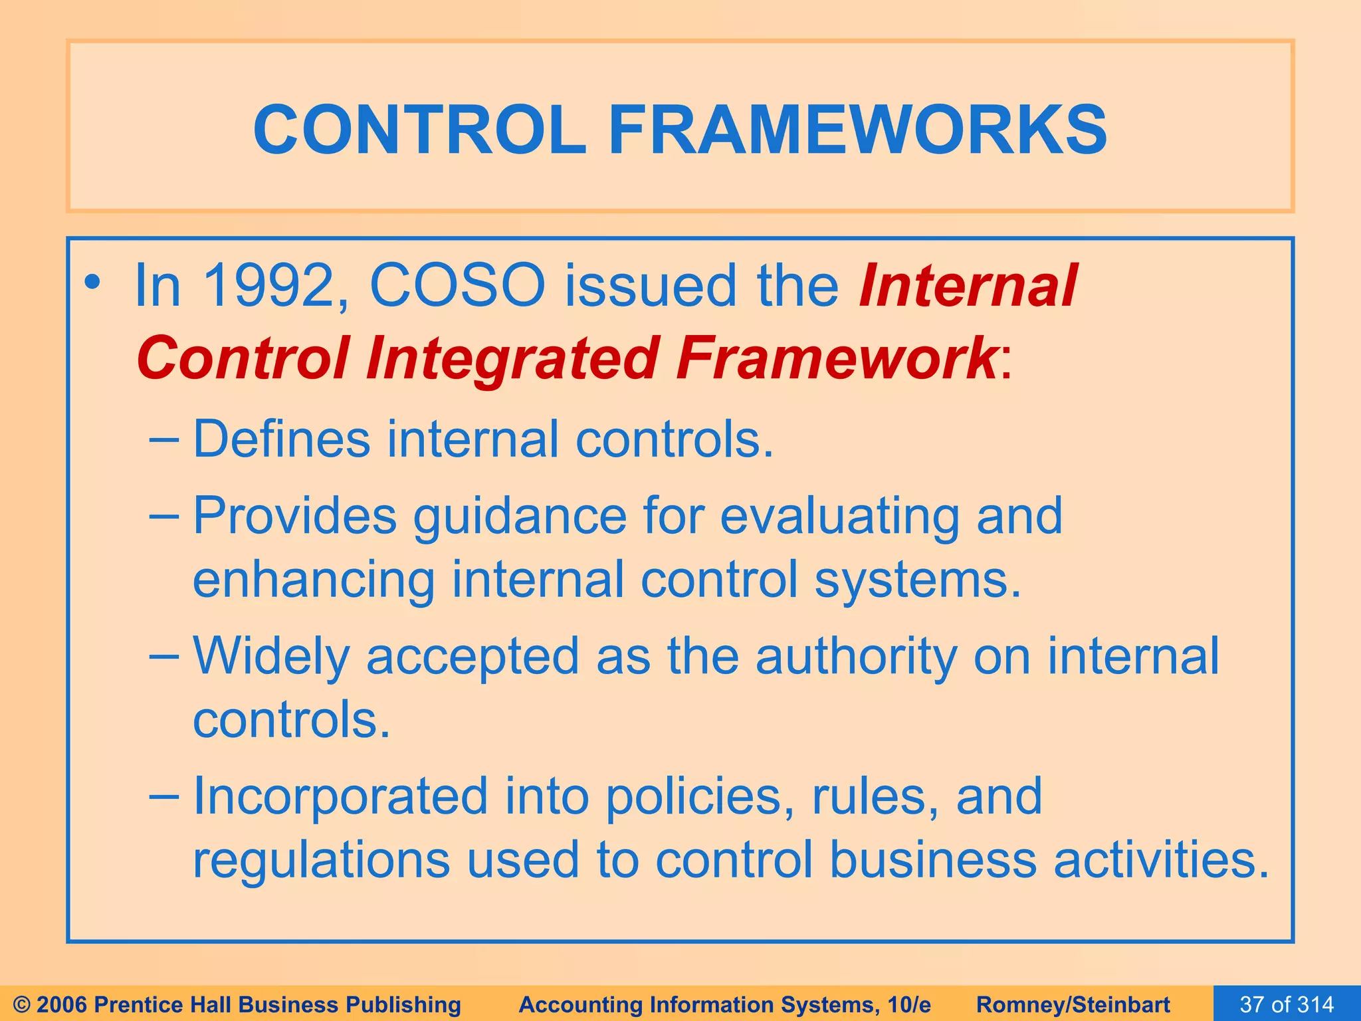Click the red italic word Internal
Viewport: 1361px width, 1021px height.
(968, 286)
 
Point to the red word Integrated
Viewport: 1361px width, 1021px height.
(512, 359)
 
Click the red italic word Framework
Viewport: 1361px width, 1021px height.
(835, 359)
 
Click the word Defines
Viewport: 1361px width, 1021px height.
(281, 439)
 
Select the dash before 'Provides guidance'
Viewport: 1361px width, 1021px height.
(164, 515)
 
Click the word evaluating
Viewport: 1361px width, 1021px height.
(839, 517)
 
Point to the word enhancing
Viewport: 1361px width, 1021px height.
(313, 580)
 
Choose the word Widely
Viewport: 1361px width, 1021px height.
(270, 657)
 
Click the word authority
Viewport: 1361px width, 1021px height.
(856, 657)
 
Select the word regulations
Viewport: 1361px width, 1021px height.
(320, 859)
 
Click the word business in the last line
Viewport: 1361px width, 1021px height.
(932, 859)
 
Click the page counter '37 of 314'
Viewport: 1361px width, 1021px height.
(1287, 1004)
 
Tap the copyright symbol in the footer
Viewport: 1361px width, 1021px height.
(21, 1004)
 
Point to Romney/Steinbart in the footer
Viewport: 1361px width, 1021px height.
(1073, 1004)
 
